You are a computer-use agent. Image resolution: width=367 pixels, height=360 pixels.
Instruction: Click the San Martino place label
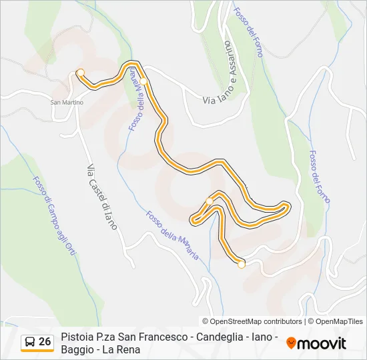pos(66,102)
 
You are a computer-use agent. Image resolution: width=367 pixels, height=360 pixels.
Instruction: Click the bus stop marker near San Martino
pos(81,73)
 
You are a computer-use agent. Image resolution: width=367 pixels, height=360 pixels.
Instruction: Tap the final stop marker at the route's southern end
pos(242,265)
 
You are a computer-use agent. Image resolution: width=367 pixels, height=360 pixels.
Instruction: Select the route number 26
pos(45,342)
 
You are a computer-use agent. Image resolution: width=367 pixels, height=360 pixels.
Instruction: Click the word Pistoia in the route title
pos(77,337)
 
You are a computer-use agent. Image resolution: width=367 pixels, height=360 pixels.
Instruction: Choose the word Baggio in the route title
pos(77,349)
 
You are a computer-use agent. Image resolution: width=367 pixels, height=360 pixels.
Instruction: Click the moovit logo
pos(316,343)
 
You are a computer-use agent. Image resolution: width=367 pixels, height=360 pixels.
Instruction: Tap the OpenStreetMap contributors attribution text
pos(257,321)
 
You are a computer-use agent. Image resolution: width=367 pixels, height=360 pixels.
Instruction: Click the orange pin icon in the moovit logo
pos(291,343)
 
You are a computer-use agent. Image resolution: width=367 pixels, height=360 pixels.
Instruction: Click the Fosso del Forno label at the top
pos(248,33)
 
